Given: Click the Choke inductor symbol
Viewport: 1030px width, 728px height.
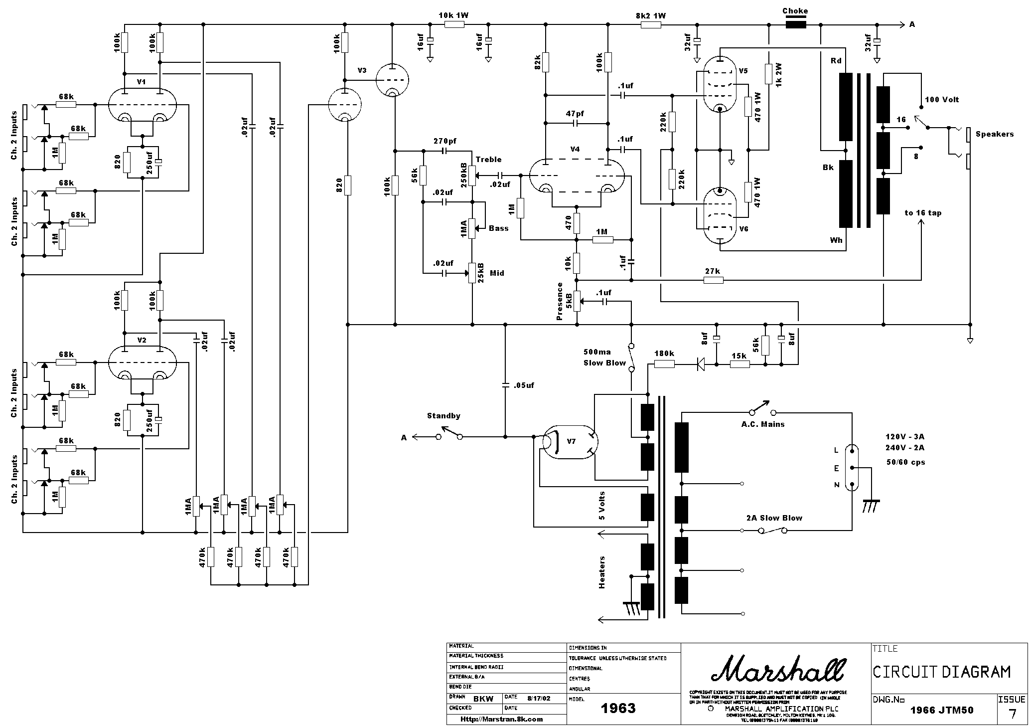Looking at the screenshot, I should [796, 24].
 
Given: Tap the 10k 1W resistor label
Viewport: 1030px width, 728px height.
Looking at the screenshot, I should [453, 15].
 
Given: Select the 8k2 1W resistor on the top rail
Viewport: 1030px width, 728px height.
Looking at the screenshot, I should [650, 24].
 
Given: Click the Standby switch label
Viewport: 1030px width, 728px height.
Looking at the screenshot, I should [443, 416].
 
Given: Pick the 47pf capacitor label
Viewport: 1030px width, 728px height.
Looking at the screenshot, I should [575, 114].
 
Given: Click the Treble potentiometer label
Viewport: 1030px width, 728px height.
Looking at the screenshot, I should [488, 160].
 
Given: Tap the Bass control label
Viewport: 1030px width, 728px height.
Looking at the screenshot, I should [498, 228].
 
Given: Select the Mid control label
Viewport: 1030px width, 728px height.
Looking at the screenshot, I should [497, 273].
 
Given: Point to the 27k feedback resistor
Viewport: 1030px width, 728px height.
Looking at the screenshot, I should [713, 280].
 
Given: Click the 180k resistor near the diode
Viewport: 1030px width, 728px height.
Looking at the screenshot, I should [664, 364].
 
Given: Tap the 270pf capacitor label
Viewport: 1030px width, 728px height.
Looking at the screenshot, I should [445, 141].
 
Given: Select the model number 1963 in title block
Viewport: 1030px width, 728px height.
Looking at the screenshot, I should [618, 709].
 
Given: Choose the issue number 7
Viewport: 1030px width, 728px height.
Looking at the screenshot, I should [1012, 714].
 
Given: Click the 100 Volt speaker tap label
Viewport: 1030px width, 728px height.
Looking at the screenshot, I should [942, 100].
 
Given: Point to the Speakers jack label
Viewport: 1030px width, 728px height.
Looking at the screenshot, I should [994, 134].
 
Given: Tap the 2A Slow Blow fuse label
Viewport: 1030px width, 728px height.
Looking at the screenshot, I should [774, 518].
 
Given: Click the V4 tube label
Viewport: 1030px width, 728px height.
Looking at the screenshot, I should [575, 149].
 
